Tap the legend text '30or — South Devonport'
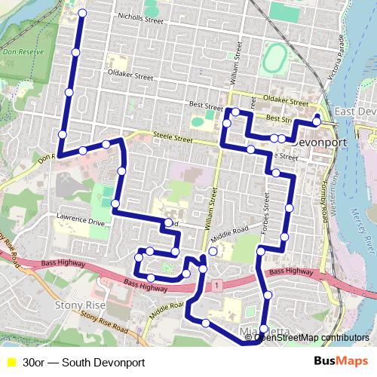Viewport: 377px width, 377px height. (x=84, y=363)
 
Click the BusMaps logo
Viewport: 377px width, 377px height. (x=341, y=362)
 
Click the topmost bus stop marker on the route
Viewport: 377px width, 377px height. (x=82, y=14)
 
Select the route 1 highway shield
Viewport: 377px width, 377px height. (x=216, y=285)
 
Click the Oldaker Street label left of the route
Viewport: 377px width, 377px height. (x=130, y=77)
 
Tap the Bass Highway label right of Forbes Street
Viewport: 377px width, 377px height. (x=290, y=271)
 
